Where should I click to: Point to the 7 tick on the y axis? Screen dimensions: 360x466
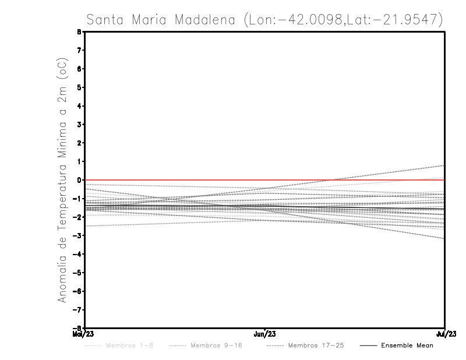[x=78, y=50]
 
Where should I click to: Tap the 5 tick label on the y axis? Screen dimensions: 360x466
[x=78, y=87]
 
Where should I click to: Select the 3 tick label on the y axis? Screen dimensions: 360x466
[x=78, y=124]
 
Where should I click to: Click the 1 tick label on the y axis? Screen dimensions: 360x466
[x=78, y=161]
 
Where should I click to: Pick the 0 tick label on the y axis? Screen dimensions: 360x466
[x=78, y=180]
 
